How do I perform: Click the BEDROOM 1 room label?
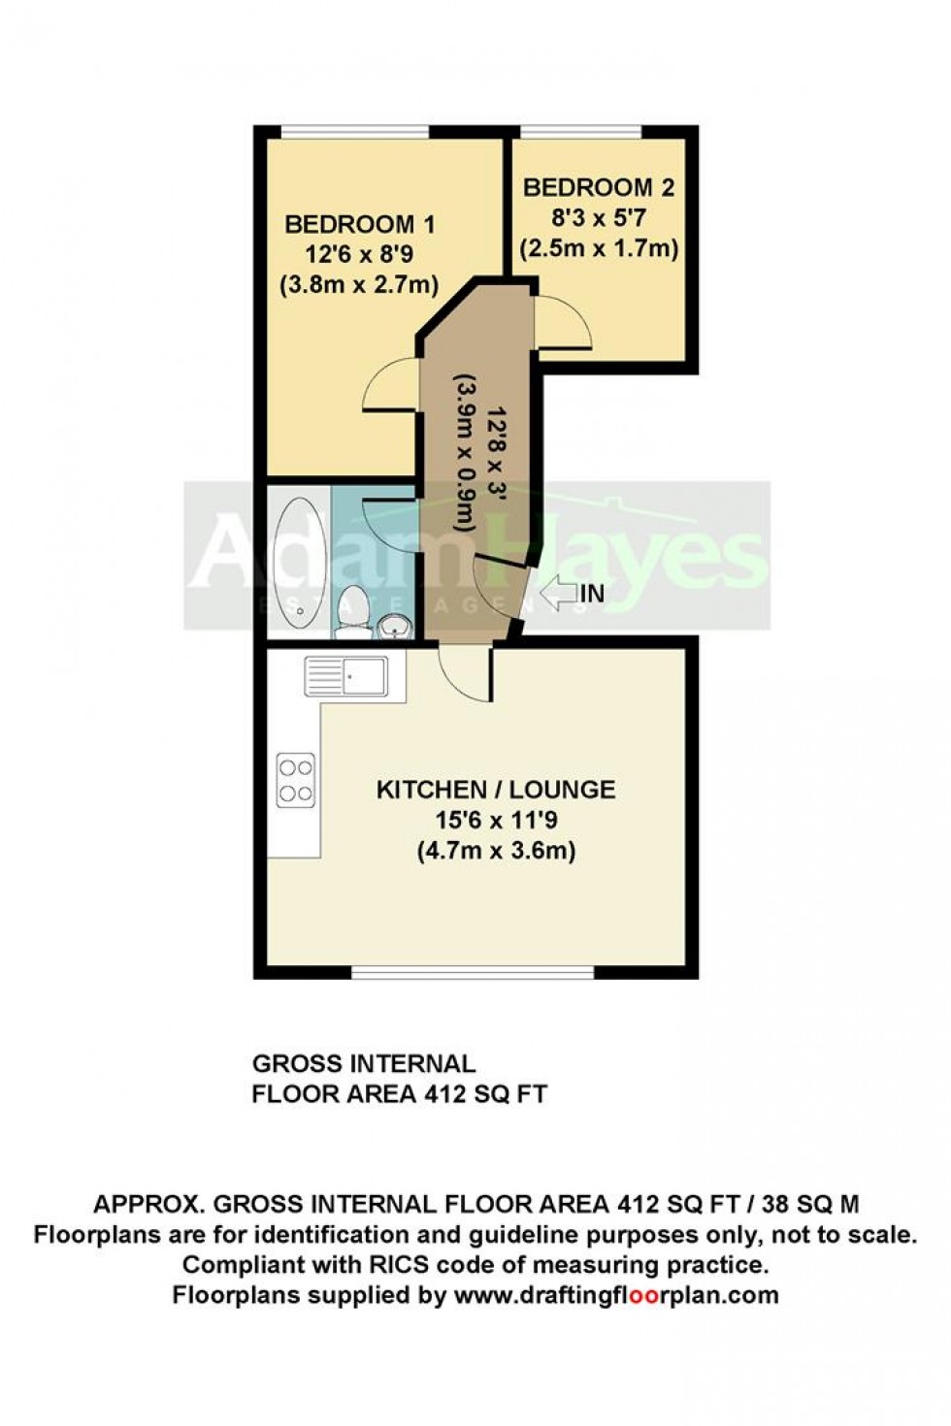pyautogui.click(x=359, y=225)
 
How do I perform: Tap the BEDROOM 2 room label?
pyautogui.click(x=598, y=187)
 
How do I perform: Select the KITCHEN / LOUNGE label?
pyautogui.click(x=495, y=790)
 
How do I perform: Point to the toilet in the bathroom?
pyautogui.click(x=353, y=613)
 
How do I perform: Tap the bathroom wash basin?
pyautogui.click(x=394, y=626)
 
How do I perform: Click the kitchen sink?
pyautogui.click(x=345, y=675)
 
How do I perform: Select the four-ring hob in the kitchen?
pyautogui.click(x=295, y=780)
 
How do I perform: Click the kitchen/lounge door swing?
pyautogui.click(x=463, y=673)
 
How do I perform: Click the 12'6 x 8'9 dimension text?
pyautogui.click(x=359, y=256)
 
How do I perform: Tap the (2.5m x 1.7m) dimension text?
pyautogui.click(x=598, y=248)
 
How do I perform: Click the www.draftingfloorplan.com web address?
pyautogui.click(x=615, y=1294)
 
